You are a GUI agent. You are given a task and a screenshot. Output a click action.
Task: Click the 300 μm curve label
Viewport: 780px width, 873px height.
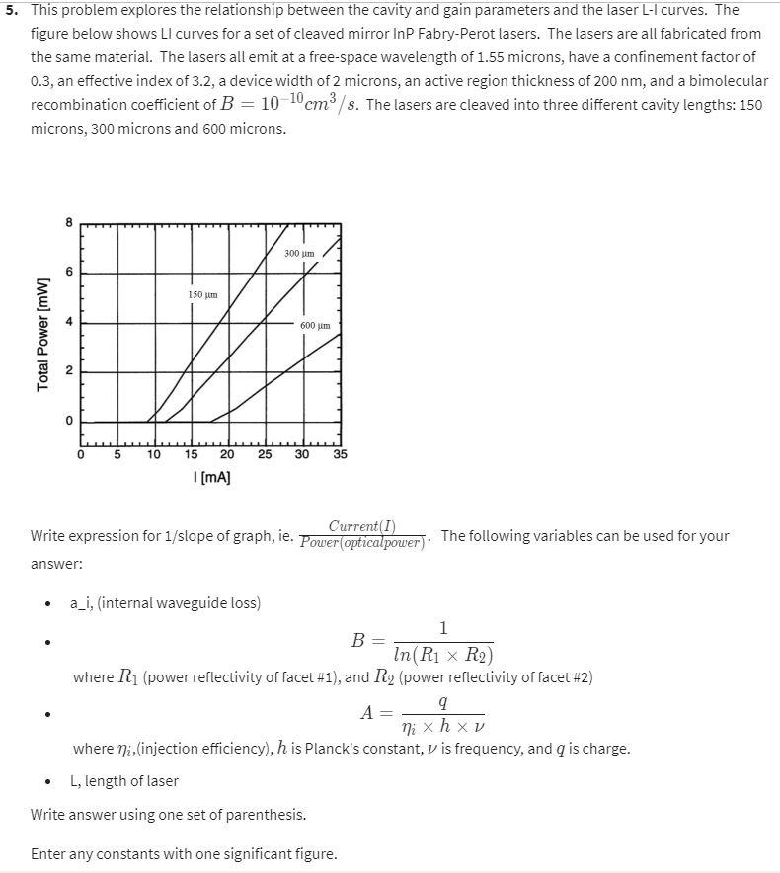(298, 254)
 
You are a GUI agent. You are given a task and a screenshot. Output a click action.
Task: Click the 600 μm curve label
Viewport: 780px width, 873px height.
(315, 325)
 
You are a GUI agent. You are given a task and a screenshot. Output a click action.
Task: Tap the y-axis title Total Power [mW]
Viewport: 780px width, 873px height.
(42, 334)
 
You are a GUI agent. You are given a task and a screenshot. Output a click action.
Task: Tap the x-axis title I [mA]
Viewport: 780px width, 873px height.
(211, 477)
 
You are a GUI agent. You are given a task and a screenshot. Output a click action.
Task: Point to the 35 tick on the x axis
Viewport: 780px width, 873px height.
(340, 455)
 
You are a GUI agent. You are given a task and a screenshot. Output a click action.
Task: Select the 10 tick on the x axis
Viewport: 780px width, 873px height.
(155, 455)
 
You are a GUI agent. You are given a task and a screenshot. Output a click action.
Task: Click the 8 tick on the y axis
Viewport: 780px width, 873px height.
(69, 222)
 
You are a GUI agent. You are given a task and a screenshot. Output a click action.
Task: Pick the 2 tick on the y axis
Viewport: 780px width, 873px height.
(69, 371)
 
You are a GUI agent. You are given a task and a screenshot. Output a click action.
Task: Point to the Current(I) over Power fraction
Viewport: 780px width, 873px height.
(361, 534)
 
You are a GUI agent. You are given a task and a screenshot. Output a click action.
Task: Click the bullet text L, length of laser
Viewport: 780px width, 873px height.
(124, 781)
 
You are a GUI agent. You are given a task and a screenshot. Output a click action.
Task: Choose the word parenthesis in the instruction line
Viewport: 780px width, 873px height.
(268, 815)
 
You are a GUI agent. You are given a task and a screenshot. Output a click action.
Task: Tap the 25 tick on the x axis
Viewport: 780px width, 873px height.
(265, 455)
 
